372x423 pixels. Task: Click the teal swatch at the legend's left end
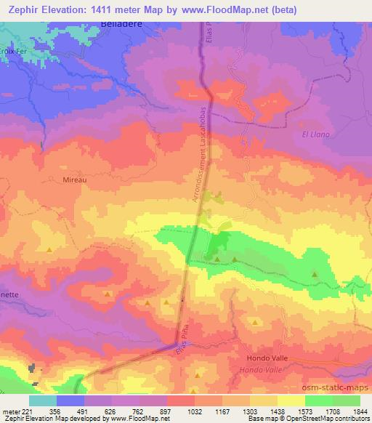[x=43, y=400]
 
